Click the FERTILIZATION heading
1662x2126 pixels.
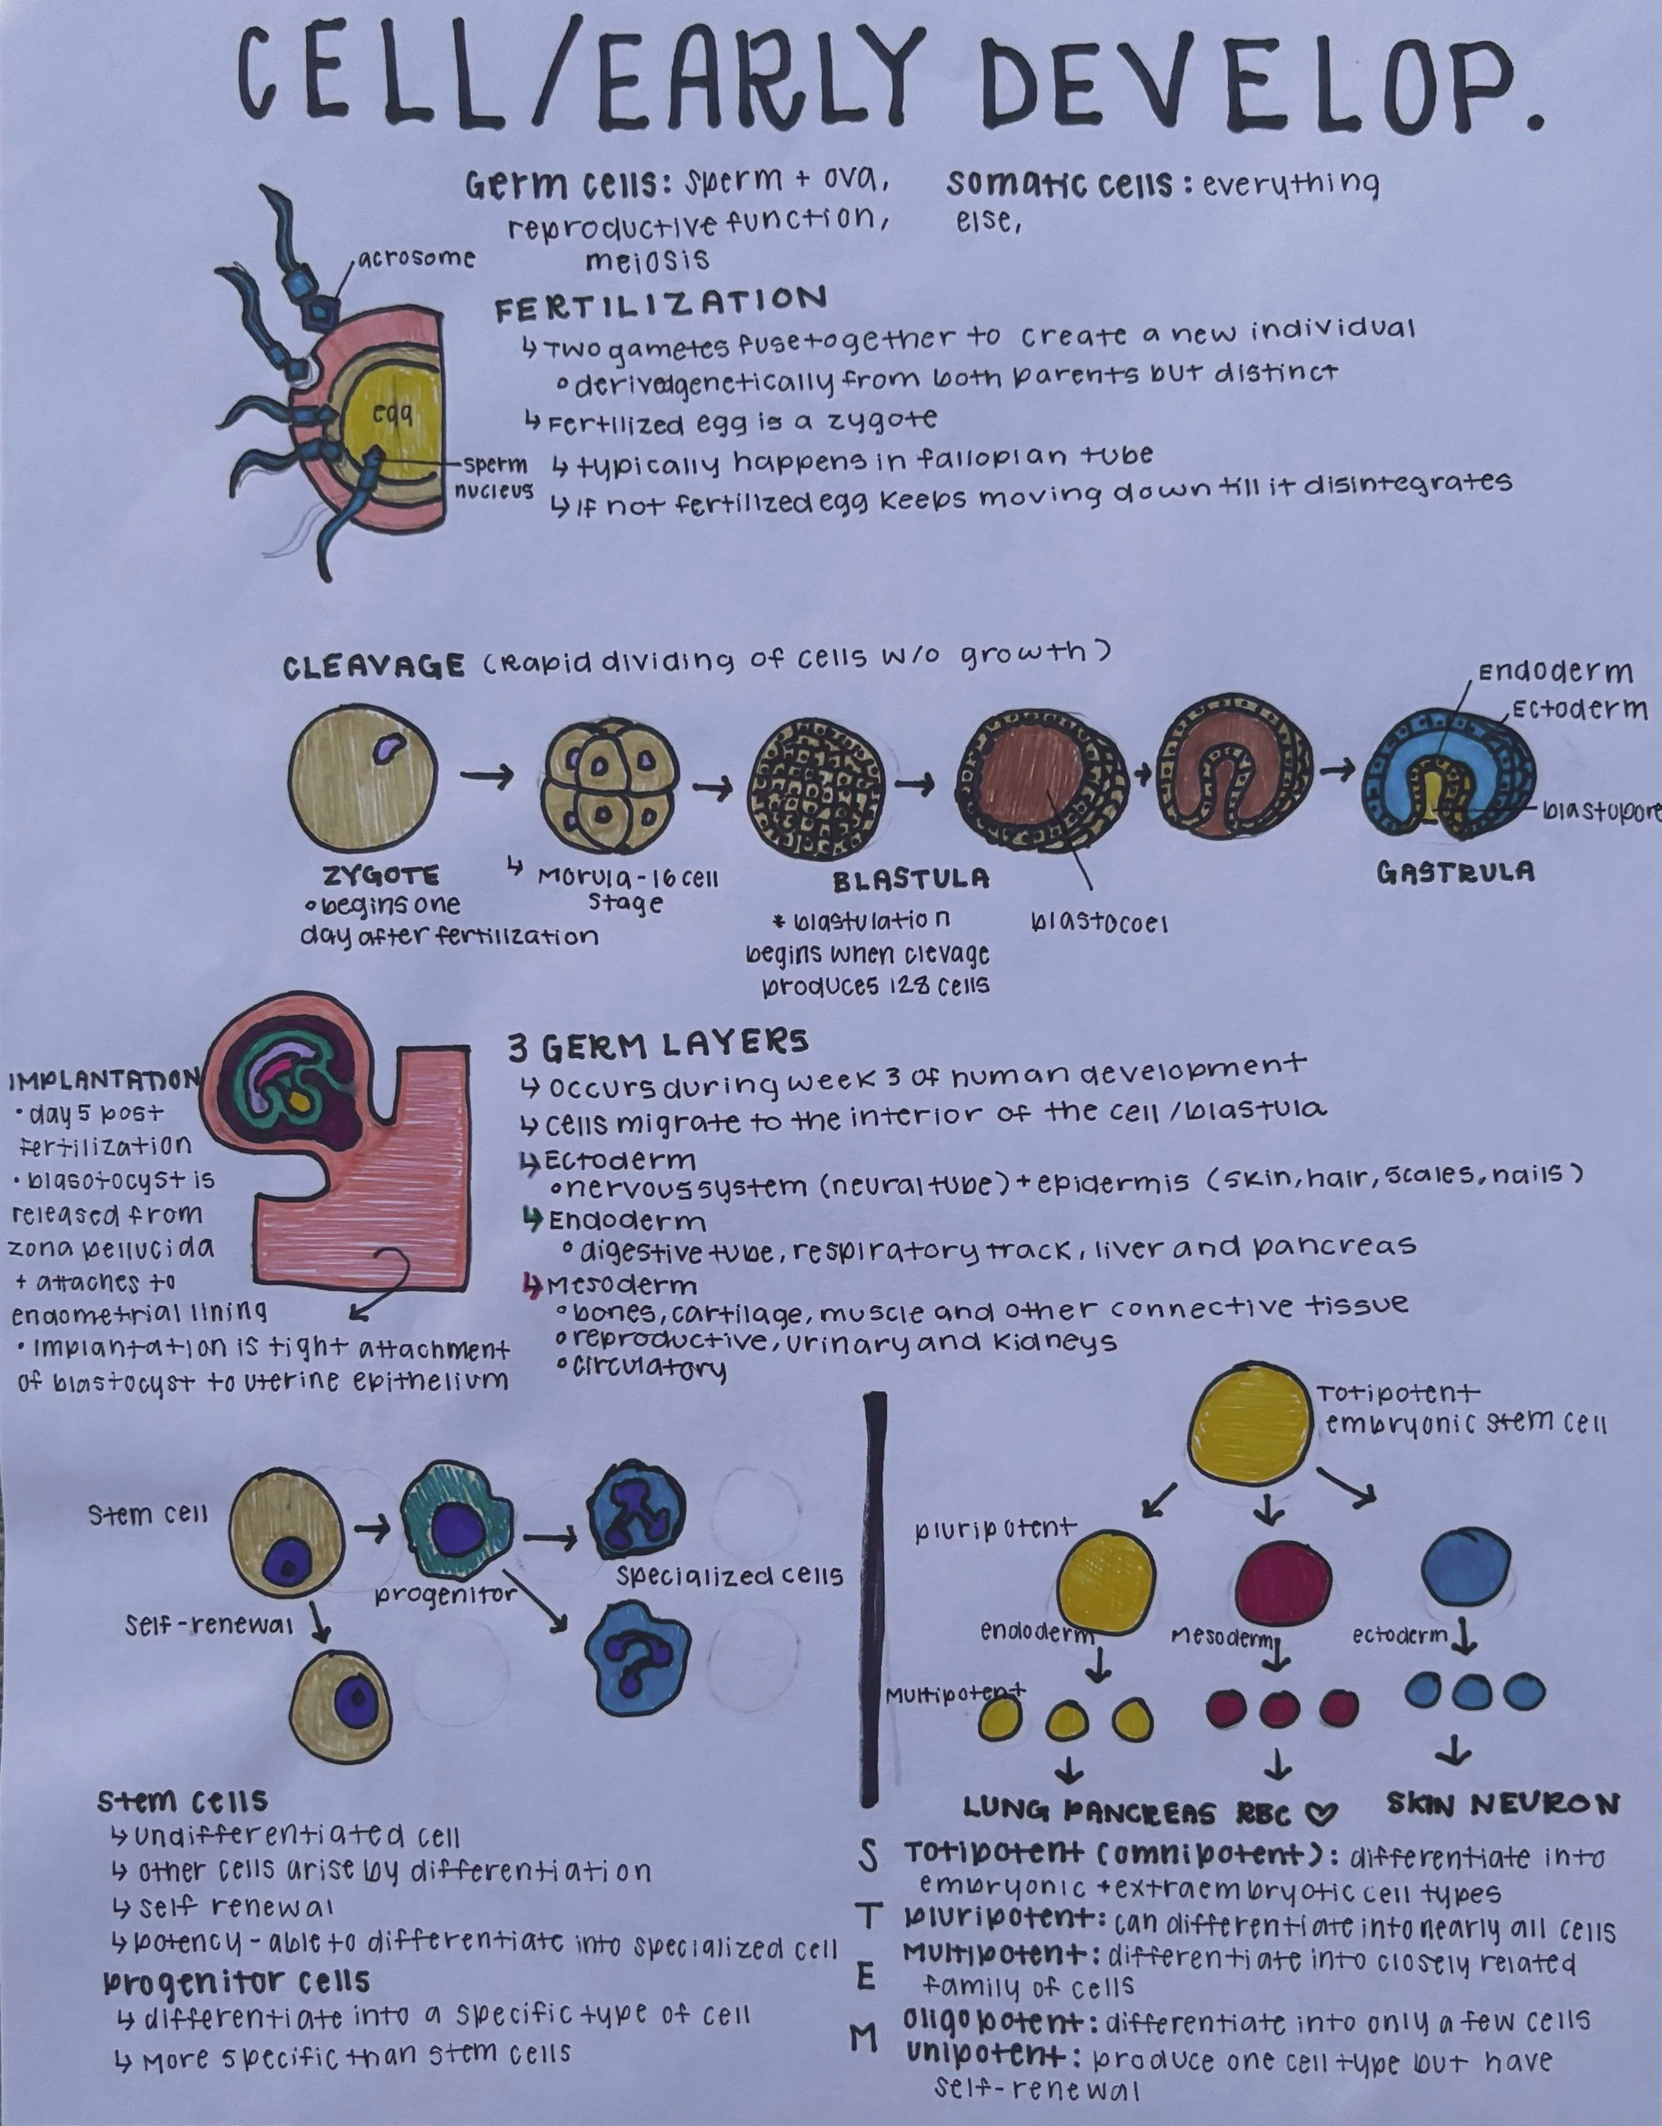(661, 304)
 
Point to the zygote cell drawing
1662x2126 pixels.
(363, 777)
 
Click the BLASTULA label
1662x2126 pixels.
(910, 879)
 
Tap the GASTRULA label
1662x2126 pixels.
(1456, 871)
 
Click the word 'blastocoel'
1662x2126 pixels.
(1099, 923)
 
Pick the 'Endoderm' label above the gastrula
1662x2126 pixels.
(1555, 673)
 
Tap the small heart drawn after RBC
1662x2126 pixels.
(1323, 1812)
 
